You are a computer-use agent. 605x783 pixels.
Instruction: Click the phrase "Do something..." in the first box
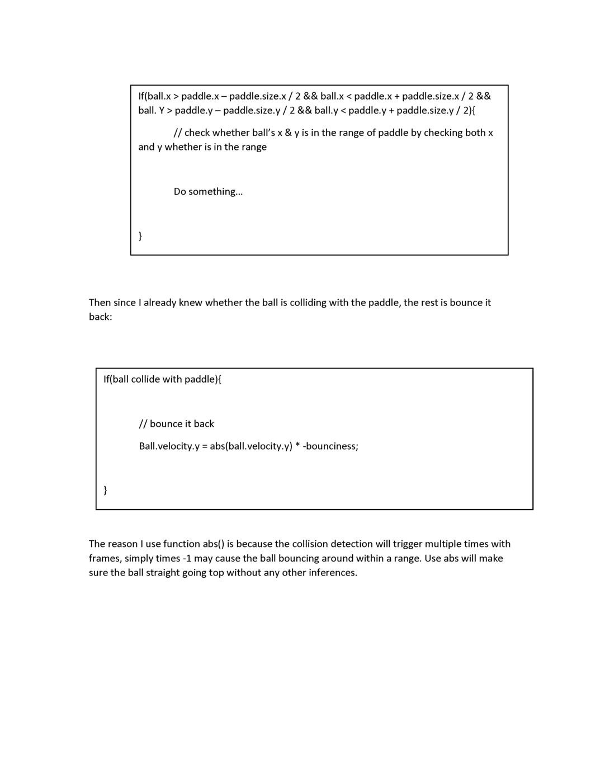(208, 191)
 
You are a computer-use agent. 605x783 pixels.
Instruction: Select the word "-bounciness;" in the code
(330, 446)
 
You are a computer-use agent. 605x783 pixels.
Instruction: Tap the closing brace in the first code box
(140, 235)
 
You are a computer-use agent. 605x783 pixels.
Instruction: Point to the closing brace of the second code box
(106, 490)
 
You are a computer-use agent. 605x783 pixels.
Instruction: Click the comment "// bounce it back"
(177, 424)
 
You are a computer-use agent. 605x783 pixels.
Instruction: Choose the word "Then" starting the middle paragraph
(100, 303)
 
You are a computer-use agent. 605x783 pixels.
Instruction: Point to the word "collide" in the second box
(145, 379)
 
